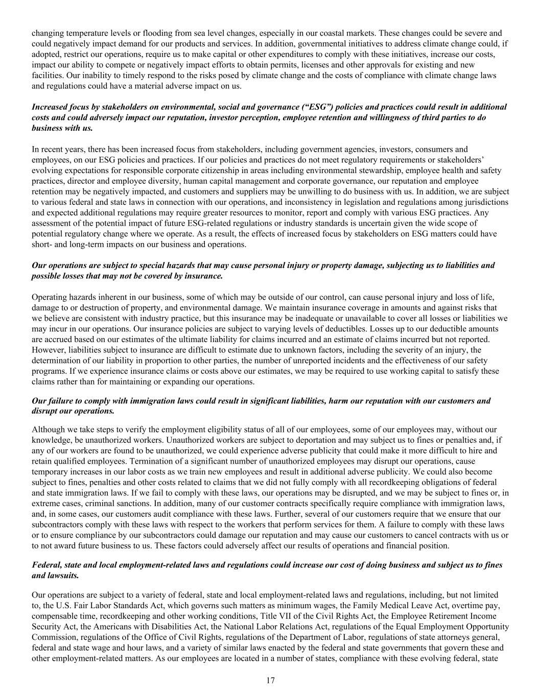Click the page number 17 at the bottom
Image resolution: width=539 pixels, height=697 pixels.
(270, 680)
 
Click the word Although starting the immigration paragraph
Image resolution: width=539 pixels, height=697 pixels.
(49, 429)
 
